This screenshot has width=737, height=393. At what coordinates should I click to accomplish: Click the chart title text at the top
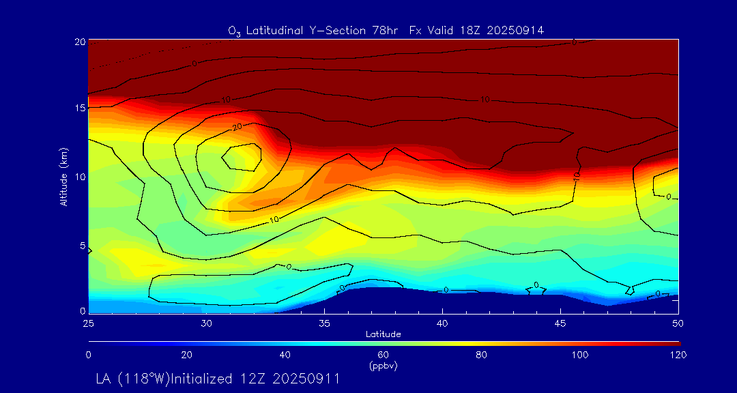coord(386,30)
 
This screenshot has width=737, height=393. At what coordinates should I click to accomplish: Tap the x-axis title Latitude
coord(383,334)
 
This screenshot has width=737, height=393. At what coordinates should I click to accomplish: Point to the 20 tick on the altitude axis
coord(79,41)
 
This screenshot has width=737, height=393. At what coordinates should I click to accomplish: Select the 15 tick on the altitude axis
coord(79,108)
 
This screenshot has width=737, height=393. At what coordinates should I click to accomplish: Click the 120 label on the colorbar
coord(679,355)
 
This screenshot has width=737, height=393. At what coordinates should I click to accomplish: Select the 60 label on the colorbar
coord(384,355)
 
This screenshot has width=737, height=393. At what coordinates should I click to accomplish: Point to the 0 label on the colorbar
coord(88,355)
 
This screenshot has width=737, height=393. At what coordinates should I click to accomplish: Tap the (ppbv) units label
coord(383,366)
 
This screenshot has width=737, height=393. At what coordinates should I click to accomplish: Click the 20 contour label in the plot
coord(237,127)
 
